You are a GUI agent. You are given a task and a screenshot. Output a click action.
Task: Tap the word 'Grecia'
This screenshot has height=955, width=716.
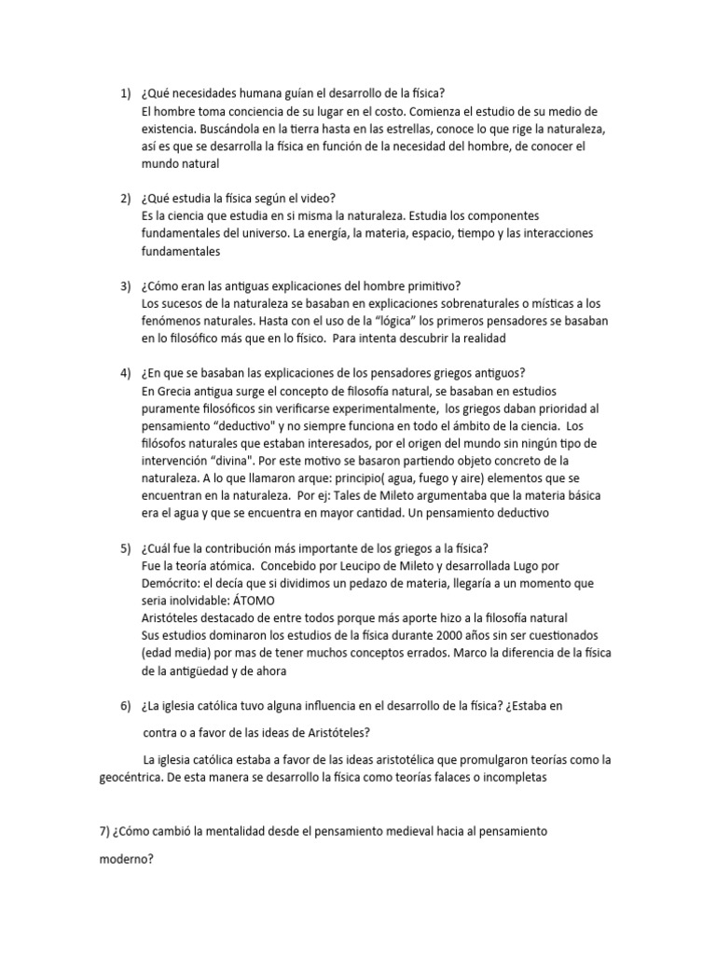pyautogui.click(x=178, y=390)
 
